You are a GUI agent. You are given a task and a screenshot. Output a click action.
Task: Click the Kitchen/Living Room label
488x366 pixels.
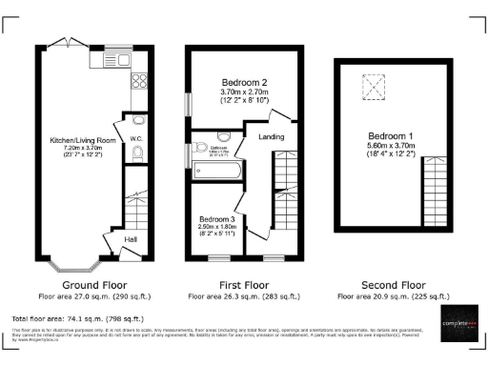coord(83,140)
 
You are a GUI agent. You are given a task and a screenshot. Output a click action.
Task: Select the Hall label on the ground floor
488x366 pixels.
coord(132,238)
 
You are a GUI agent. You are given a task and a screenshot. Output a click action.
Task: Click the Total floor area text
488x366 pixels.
coord(77,317)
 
